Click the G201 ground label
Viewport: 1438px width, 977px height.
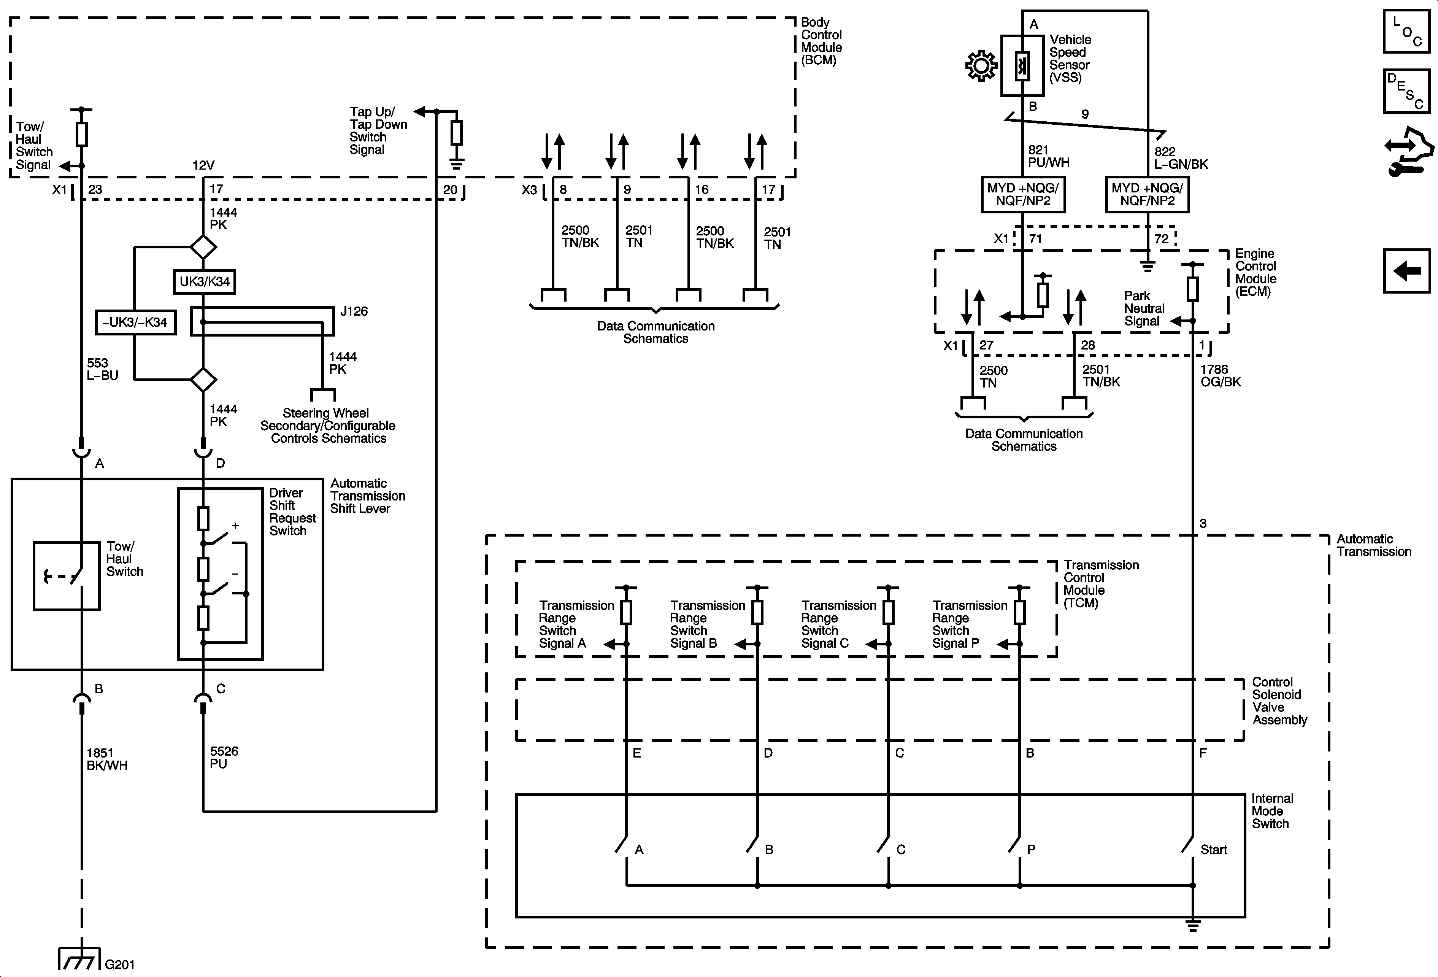pos(120,964)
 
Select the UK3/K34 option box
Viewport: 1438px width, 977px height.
pos(204,281)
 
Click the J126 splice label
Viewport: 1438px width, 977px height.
pos(354,311)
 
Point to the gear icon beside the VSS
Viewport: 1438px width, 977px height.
pos(981,66)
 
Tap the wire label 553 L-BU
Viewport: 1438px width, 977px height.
pos(102,369)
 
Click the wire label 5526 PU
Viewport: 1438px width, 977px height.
pos(224,757)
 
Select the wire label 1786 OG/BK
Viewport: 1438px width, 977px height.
pos(1220,376)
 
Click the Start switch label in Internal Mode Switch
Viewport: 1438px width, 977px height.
pos(1213,850)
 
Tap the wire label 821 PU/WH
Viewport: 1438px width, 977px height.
pos(1048,157)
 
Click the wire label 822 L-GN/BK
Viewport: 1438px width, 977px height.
pos(1181,158)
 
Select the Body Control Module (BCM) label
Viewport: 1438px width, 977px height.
pos(821,41)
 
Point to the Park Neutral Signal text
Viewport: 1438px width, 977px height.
pos(1144,308)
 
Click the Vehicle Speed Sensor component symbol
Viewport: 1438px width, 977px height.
pos(1022,65)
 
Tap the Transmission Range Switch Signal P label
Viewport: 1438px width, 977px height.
pos(970,624)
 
